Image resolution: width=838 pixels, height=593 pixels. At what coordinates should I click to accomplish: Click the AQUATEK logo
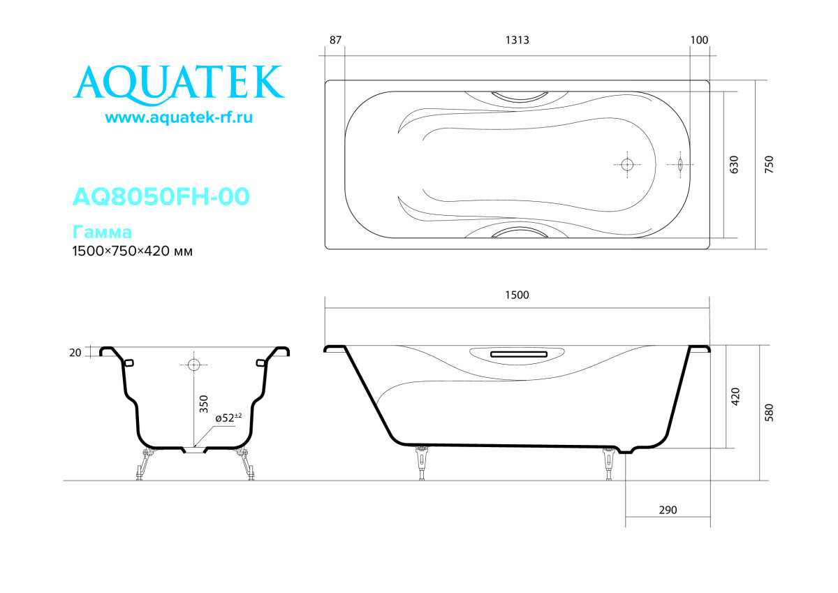click(179, 83)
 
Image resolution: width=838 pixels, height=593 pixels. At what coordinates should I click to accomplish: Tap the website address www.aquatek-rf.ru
click(179, 118)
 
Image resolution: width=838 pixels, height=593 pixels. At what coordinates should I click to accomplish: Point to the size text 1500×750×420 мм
click(133, 251)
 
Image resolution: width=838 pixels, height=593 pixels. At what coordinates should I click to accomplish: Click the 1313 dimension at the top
click(517, 40)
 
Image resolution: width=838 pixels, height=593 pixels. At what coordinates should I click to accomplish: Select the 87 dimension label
click(335, 40)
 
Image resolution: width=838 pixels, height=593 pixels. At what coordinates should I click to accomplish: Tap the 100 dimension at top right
click(699, 40)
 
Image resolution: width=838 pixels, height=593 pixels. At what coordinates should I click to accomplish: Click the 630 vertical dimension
click(733, 165)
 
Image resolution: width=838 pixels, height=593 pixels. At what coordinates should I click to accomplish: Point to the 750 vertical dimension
click(769, 165)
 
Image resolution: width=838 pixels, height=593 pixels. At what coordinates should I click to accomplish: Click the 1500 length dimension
click(517, 295)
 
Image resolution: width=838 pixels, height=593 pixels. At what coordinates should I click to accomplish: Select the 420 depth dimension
click(735, 396)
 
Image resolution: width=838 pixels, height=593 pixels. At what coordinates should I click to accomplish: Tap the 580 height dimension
click(770, 412)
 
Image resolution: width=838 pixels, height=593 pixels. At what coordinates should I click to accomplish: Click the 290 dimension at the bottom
click(668, 511)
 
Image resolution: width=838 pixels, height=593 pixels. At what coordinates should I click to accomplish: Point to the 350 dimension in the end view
click(204, 404)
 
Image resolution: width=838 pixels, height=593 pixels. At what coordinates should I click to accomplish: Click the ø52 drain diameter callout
click(228, 418)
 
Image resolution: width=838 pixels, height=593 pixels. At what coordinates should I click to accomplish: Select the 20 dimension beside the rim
click(75, 353)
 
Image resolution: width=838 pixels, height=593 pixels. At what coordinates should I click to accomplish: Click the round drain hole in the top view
click(626, 165)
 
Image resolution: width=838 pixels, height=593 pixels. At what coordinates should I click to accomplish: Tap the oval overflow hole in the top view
click(680, 165)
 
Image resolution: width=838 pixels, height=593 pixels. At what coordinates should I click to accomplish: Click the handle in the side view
click(517, 354)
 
